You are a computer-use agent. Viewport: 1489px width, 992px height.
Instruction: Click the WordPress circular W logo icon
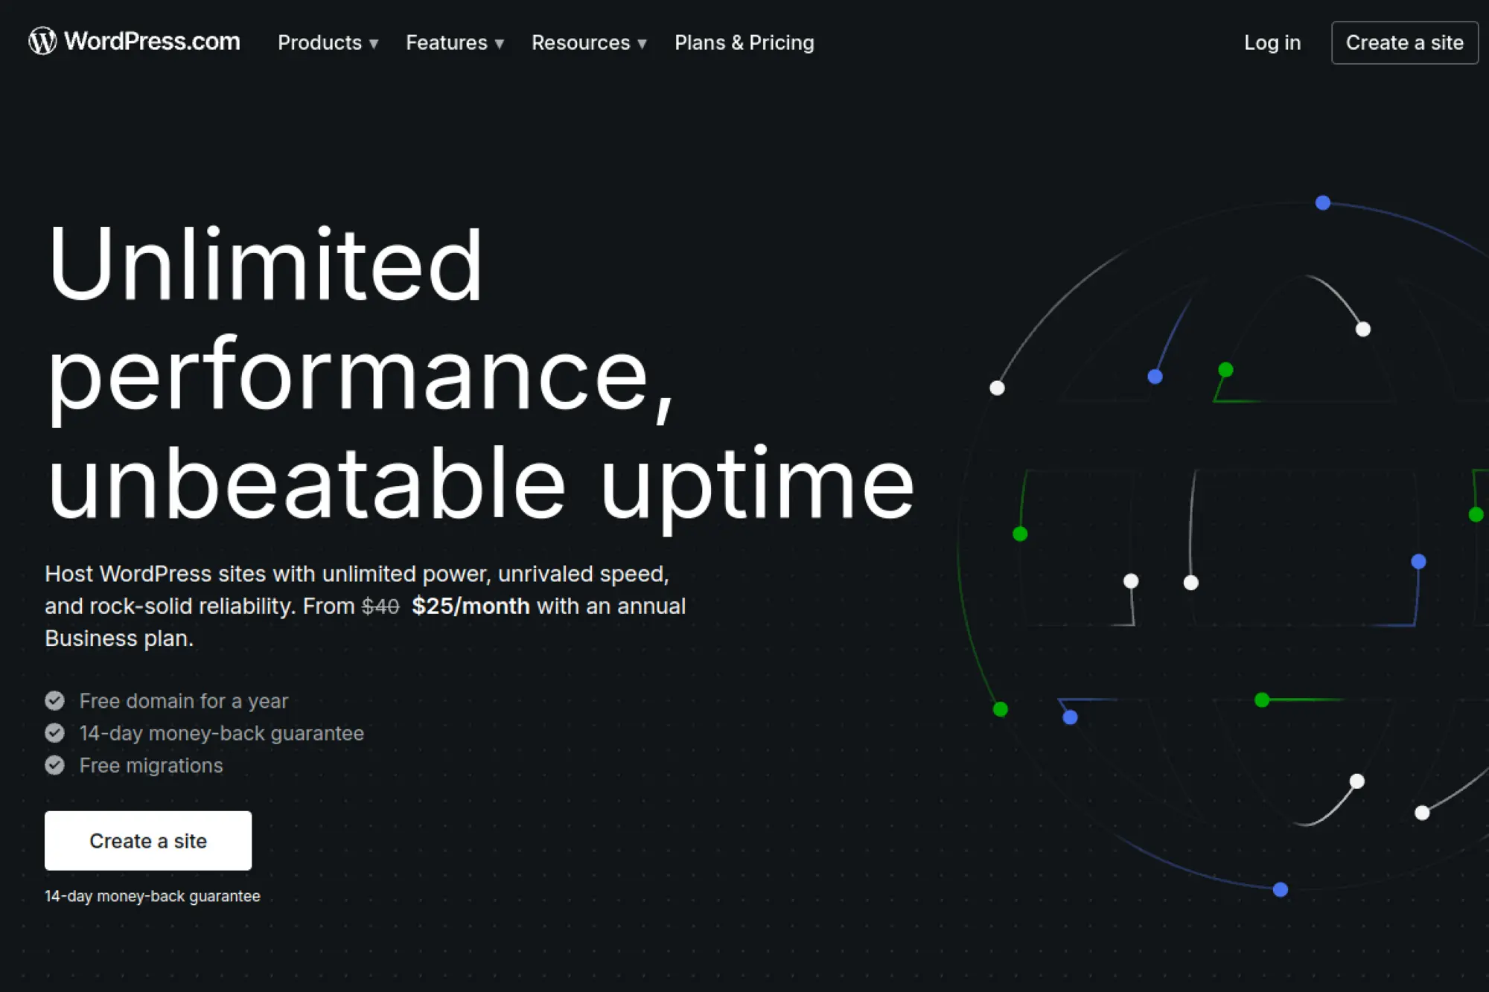pyautogui.click(x=42, y=41)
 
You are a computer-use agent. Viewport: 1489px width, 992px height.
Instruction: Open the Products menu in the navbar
pyautogui.click(x=328, y=43)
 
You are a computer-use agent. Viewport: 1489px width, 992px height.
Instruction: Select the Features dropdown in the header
pyautogui.click(x=455, y=43)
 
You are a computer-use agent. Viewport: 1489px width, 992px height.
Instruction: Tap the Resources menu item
pyautogui.click(x=589, y=43)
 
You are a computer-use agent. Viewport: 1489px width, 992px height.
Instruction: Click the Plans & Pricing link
pyautogui.click(x=744, y=43)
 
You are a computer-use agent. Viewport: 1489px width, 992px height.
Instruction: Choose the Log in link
pyautogui.click(x=1272, y=43)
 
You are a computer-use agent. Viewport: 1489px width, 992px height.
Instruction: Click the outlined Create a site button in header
pyautogui.click(x=1405, y=43)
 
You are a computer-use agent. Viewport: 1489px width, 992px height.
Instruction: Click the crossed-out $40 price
pyautogui.click(x=380, y=607)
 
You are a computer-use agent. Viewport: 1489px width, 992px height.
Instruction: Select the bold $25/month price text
pyautogui.click(x=471, y=607)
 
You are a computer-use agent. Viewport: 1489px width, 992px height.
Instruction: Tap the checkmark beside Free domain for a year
pyautogui.click(x=54, y=701)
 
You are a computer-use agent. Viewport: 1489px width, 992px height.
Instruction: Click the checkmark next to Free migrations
pyautogui.click(x=54, y=765)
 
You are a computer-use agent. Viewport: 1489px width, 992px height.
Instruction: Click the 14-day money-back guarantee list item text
pyautogui.click(x=222, y=734)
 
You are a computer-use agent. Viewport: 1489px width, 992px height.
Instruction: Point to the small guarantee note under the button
pyautogui.click(x=153, y=896)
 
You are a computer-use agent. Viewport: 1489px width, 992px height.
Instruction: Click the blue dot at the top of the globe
pyautogui.click(x=1323, y=202)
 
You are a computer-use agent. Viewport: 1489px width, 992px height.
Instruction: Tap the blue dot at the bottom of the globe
pyautogui.click(x=1281, y=889)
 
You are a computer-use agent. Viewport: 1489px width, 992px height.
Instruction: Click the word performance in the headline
pyautogui.click(x=361, y=375)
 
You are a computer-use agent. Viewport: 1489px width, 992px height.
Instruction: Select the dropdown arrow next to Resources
pyautogui.click(x=642, y=45)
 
